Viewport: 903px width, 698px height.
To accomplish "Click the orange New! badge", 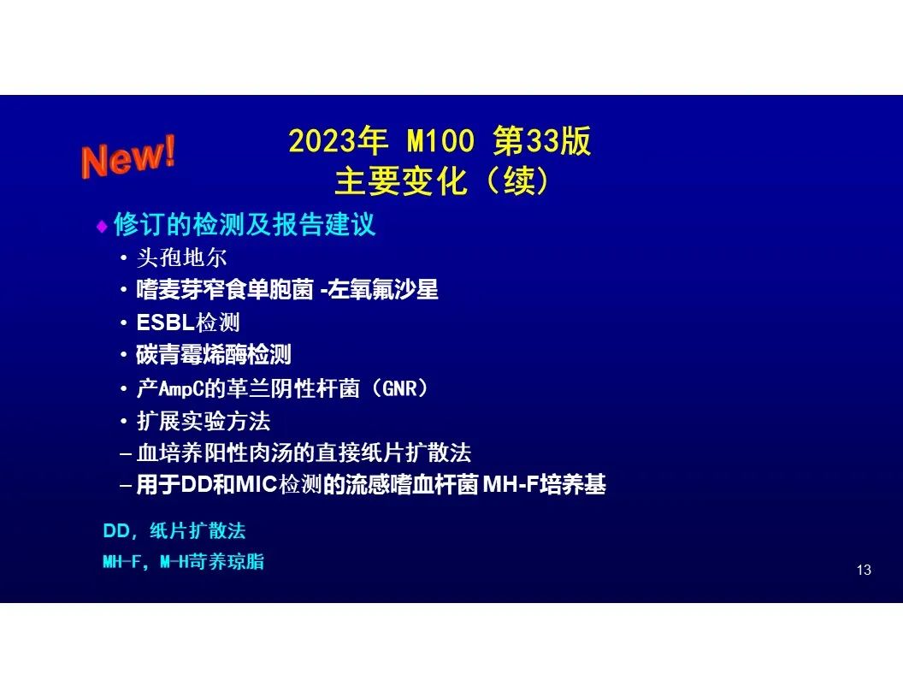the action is pos(128,156).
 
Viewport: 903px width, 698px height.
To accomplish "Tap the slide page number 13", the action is pos(864,571).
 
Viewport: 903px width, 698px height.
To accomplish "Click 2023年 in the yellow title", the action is pos(338,140).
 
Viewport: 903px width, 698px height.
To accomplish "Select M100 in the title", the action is pos(440,140).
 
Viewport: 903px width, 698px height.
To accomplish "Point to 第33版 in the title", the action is pos(542,140).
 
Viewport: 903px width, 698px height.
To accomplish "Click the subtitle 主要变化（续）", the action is pos(441,181).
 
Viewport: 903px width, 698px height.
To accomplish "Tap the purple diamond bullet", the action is pos(102,227).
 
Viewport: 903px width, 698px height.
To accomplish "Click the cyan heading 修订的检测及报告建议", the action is pos(245,224).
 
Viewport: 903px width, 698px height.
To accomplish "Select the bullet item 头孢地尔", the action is pos(182,257).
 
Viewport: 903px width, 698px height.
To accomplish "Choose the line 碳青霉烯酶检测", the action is pos(214,355).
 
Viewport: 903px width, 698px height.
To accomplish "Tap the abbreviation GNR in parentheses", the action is pos(399,388).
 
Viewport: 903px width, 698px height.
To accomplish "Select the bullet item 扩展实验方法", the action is pos(204,421).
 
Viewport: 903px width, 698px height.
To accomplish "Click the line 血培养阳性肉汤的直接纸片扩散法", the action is pos(304,453).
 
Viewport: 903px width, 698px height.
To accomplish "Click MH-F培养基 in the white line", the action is pos(544,484).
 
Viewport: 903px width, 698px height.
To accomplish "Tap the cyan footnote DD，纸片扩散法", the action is pos(174,530).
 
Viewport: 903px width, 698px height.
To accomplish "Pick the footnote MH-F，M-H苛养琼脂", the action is pos(184,561).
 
